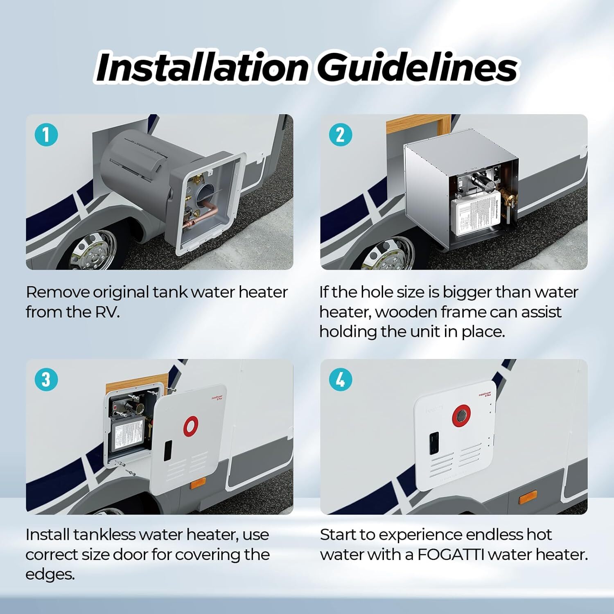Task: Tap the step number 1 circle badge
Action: click(46, 134)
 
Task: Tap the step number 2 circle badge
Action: click(340, 134)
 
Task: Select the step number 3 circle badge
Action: click(46, 379)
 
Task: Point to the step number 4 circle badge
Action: click(340, 379)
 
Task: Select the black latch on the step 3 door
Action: click(168, 450)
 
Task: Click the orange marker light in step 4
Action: click(528, 500)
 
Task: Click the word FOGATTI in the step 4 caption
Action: click(451, 555)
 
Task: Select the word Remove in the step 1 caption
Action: click(58, 292)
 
